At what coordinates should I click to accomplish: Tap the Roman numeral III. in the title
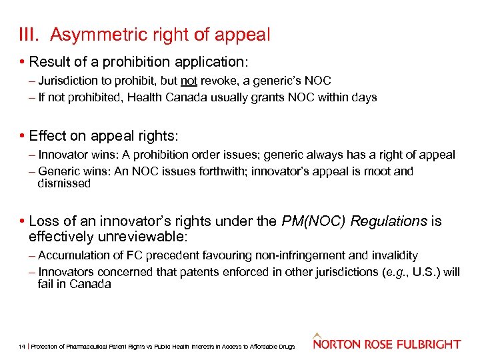point(30,35)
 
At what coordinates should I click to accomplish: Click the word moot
point(366,171)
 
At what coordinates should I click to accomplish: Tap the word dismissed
point(64,183)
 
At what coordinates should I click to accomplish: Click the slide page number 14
point(23,347)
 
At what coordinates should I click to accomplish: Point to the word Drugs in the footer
point(287,347)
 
